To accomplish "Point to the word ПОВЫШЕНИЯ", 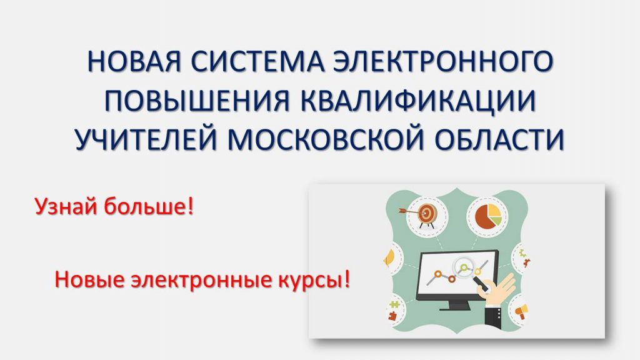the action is pyautogui.click(x=197, y=100).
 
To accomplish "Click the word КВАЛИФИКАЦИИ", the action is pyautogui.click(x=418, y=100).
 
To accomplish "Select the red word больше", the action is pyautogui.click(x=145, y=206).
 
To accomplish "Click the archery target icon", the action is pyautogui.click(x=424, y=214).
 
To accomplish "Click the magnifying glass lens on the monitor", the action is pyautogui.click(x=464, y=267).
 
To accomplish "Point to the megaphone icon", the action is pyautogui.click(x=522, y=312).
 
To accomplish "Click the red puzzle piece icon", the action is pyautogui.click(x=392, y=316).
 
